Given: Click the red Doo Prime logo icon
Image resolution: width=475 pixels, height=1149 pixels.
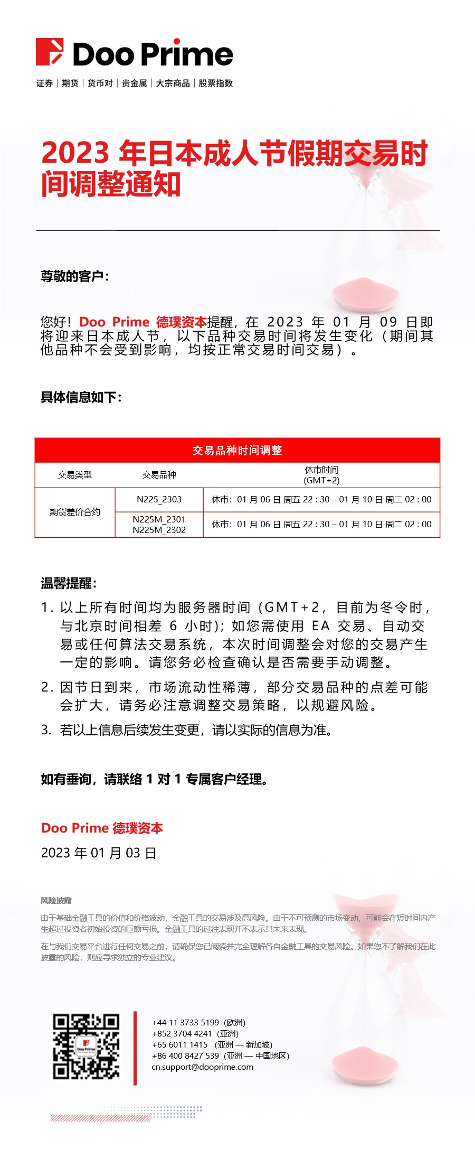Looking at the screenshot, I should point(50,52).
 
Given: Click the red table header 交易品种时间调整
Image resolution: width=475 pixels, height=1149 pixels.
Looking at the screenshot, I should point(237,450).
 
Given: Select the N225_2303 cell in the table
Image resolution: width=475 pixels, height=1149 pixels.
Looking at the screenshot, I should point(159,499).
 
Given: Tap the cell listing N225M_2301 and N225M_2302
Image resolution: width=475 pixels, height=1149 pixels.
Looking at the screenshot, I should point(159,525).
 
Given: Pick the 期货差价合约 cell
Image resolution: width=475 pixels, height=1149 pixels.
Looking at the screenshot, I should point(75,512).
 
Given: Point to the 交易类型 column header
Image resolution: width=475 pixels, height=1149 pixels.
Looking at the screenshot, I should point(75,475).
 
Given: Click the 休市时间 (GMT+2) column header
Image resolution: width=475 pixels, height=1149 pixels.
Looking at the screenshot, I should point(321,475).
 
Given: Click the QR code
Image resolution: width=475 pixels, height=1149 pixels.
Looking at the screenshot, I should point(86,1047).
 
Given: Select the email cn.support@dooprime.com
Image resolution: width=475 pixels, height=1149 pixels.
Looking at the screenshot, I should point(202,1067).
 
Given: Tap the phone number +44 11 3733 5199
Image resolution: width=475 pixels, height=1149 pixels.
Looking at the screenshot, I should point(185,1022).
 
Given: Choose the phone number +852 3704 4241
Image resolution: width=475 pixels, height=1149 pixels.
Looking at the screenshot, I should point(182,1033).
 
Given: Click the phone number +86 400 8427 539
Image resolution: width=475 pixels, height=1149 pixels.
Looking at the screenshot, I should point(185,1055).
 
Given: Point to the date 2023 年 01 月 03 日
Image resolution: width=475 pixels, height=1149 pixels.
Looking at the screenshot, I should point(99,853).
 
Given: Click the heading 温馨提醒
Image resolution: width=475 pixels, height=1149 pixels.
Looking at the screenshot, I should point(69,583).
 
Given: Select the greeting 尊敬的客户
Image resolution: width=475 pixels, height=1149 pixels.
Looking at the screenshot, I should point(74,276).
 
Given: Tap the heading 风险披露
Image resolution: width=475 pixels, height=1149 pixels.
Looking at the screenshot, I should point(56,900).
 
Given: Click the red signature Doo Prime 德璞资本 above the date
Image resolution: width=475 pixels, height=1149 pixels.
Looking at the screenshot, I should point(102,828).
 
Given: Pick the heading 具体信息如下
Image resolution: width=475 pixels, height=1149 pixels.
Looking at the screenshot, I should point(81,397).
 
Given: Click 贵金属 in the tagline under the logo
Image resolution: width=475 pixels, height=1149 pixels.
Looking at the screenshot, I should point(134,83).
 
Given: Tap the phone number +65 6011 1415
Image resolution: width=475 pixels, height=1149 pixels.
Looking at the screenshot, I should point(180,1044).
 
